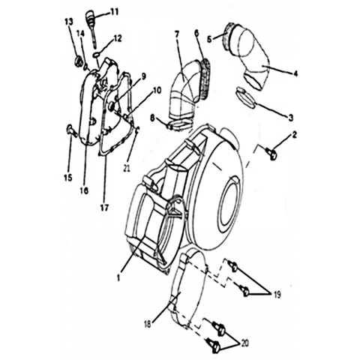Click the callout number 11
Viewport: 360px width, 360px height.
(115, 12)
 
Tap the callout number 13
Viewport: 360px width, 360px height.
(69, 22)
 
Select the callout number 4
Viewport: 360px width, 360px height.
(295, 73)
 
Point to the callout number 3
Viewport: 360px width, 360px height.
(290, 118)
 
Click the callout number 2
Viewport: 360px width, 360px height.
(294, 135)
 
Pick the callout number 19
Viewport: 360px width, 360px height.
(277, 295)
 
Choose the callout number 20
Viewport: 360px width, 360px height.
(244, 343)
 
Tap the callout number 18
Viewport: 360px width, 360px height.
(148, 324)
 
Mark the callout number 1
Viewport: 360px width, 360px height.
(118, 277)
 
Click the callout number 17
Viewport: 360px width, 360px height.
(105, 208)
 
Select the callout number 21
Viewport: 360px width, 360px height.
(127, 169)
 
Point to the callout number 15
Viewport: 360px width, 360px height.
(67, 178)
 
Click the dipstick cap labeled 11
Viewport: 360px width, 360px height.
(91, 17)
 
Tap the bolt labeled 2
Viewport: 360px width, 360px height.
(271, 154)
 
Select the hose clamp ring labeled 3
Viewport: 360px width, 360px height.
(245, 97)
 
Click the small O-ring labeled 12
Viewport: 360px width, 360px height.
(97, 55)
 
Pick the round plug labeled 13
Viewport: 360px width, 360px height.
(79, 61)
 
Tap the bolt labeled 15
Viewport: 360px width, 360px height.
(70, 130)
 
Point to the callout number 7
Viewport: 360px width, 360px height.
(177, 34)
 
